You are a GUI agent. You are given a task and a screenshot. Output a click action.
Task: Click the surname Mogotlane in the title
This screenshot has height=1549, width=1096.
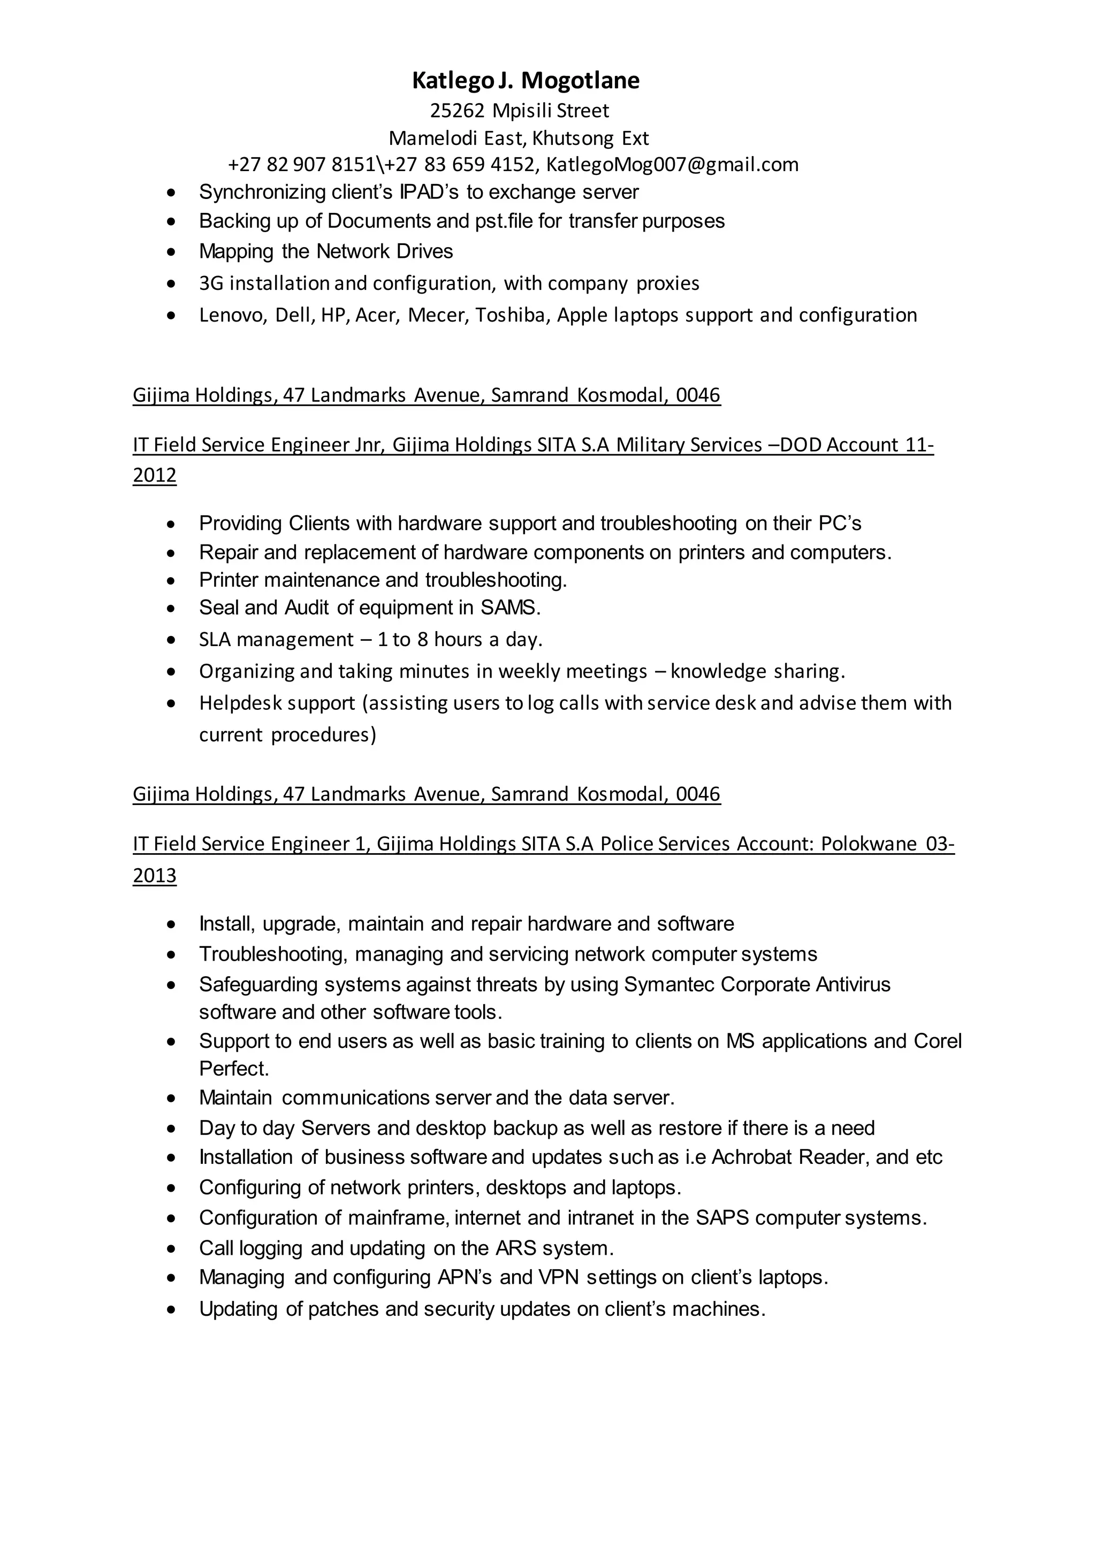581,80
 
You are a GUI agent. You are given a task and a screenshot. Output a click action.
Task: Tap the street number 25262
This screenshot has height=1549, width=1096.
457,110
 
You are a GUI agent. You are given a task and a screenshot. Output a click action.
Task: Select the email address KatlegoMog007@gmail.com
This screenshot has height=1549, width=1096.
672,165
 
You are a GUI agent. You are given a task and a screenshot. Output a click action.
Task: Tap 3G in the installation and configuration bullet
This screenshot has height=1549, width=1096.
210,283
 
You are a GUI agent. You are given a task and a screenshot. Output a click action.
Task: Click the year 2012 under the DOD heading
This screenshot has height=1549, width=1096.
155,476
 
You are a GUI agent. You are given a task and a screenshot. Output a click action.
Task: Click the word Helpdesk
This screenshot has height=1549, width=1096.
238,703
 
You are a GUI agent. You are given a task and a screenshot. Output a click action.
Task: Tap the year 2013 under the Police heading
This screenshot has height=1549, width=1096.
155,875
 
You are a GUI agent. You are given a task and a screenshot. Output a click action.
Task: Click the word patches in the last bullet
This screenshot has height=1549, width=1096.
343,1309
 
